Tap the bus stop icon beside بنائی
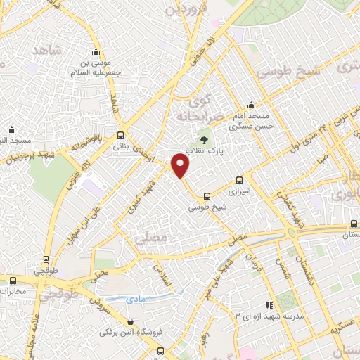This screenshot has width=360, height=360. tap(121, 134)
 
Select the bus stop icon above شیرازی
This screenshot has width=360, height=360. tap(239, 179)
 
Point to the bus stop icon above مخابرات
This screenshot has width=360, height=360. tap(13, 281)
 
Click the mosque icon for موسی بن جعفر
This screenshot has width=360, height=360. tap(97, 51)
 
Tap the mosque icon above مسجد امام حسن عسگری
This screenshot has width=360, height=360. tap(251, 104)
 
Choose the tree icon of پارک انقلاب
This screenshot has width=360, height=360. tap(205, 140)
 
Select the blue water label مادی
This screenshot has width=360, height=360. tap(135, 299)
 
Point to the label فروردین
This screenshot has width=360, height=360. tap(184, 9)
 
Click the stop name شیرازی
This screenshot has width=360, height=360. tap(240, 190)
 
